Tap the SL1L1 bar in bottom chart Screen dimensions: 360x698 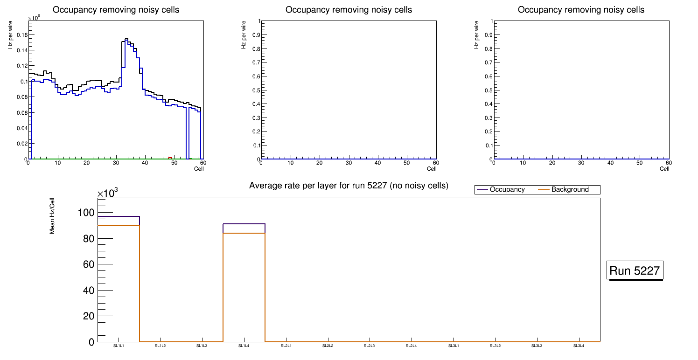click(119, 280)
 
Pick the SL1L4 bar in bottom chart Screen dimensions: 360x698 click(244, 284)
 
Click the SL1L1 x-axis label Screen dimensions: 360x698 click(119, 346)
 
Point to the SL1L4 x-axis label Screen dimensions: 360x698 click(244, 346)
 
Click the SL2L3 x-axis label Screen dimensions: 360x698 click(370, 346)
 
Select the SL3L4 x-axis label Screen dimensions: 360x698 click(579, 346)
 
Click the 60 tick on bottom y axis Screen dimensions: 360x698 click(89, 264)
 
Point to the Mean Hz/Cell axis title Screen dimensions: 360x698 click(52, 215)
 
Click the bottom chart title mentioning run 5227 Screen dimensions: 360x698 click(349, 186)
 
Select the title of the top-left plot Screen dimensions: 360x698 click(116, 10)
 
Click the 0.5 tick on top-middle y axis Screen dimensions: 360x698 click(255, 90)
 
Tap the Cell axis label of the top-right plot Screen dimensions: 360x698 click(664, 169)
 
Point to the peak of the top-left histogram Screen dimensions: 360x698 click(126, 39)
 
